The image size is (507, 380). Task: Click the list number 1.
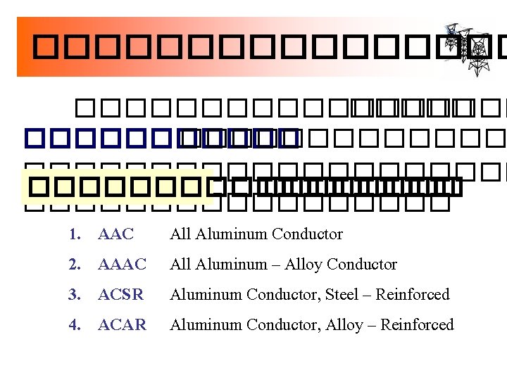(x=73, y=234)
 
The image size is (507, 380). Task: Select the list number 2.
(x=73, y=265)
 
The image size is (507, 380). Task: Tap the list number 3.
(x=73, y=295)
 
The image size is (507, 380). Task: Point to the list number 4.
(x=73, y=325)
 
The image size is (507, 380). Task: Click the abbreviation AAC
(x=116, y=234)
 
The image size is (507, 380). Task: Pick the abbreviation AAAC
(x=122, y=265)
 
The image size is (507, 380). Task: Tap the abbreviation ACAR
(x=123, y=325)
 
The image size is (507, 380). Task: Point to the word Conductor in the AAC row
(x=307, y=234)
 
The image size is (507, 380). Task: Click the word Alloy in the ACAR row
(x=344, y=325)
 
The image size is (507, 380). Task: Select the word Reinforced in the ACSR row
(x=413, y=295)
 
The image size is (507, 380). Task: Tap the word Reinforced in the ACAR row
(x=418, y=325)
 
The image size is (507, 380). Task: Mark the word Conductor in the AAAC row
(x=362, y=265)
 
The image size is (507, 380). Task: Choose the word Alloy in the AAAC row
(x=304, y=265)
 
